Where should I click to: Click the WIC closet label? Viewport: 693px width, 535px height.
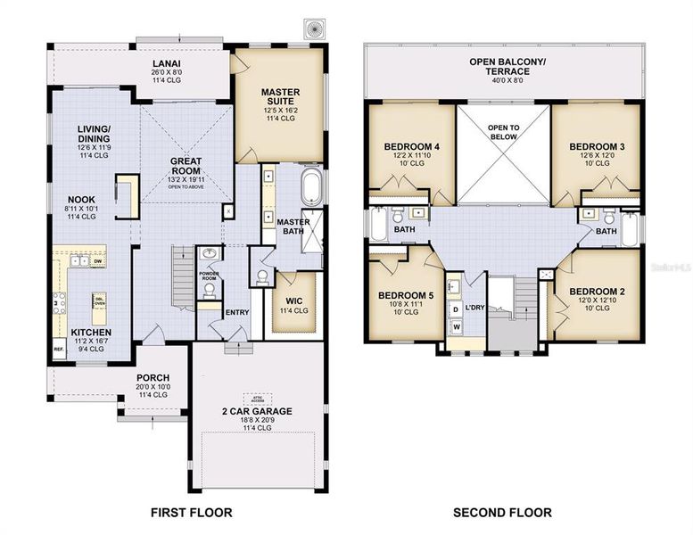click(295, 300)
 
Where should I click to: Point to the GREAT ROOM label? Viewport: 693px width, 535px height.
click(186, 167)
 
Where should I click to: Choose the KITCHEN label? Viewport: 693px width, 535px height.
click(91, 333)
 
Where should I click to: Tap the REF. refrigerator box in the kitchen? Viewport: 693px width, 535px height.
click(59, 350)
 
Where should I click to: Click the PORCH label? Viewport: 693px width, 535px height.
click(153, 378)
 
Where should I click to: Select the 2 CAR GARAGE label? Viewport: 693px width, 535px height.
click(257, 411)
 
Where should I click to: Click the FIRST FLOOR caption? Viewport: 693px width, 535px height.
click(193, 513)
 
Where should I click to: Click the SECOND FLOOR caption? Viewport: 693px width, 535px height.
click(502, 513)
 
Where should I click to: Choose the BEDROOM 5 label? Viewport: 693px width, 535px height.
click(406, 295)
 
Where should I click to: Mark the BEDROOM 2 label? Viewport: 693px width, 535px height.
click(597, 292)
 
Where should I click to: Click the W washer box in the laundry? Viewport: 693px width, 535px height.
click(457, 327)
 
